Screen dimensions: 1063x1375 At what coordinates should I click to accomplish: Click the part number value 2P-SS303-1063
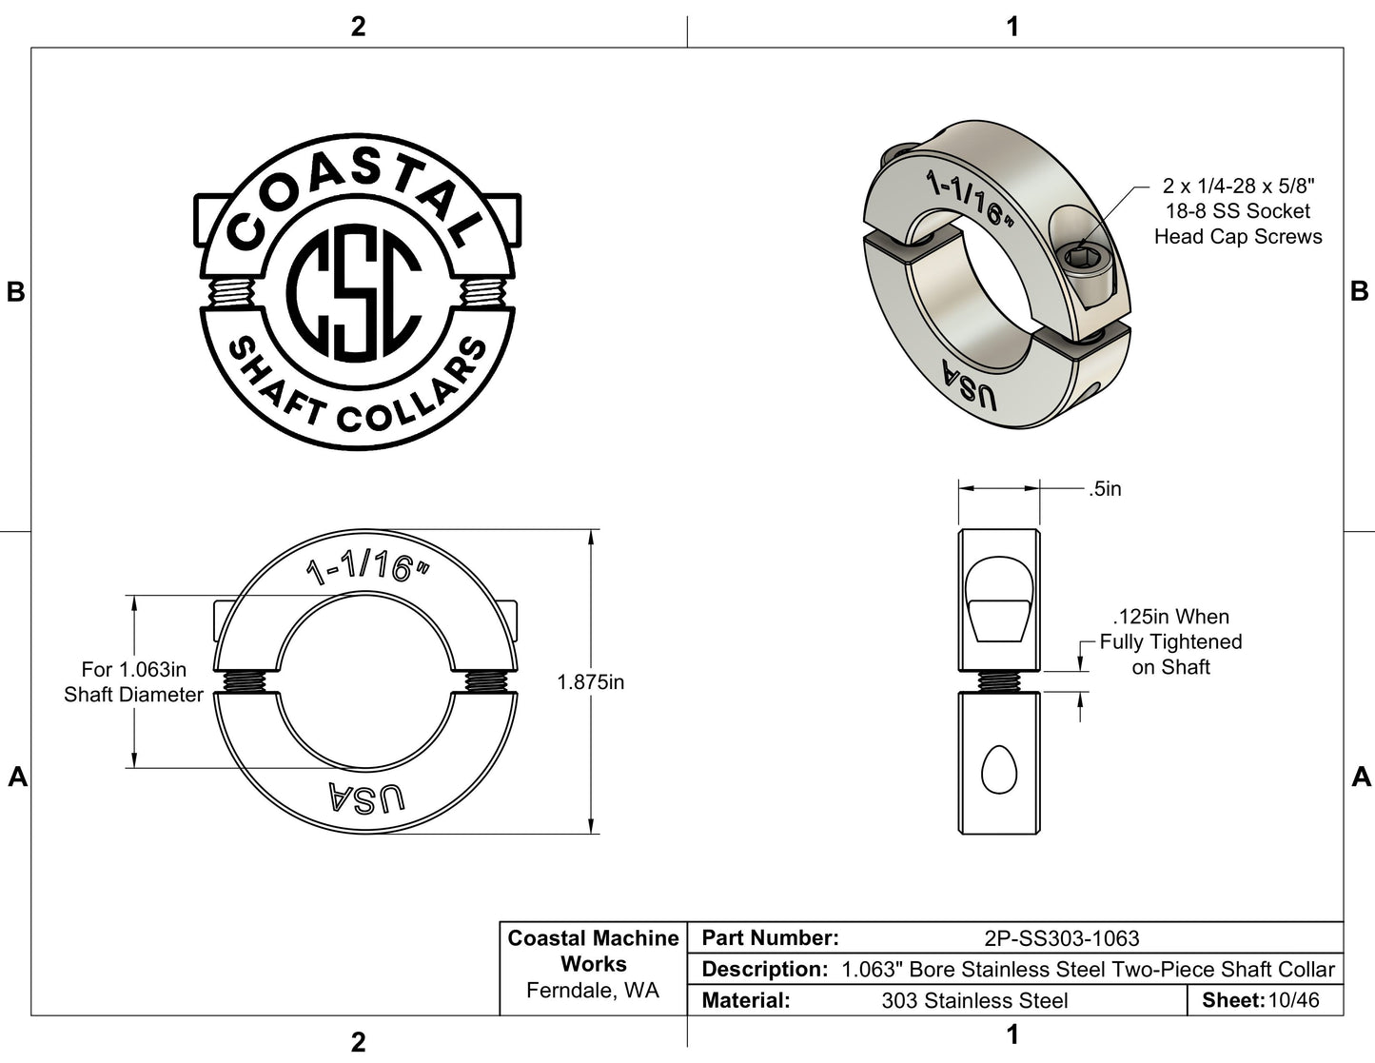pos(1061,938)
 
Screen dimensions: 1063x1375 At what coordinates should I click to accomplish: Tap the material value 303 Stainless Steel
pos(974,1001)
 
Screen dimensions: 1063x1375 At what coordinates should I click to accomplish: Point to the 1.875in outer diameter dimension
pos(590,682)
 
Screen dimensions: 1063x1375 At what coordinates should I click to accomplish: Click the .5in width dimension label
pos(1105,489)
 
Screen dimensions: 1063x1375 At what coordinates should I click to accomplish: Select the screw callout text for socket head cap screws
pos(1237,211)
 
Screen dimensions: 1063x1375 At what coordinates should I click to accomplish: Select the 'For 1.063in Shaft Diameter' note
pos(133,682)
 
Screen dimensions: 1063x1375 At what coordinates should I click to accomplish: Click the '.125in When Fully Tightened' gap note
pos(1170,642)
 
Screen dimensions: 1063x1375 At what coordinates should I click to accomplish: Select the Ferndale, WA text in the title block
pos(592,991)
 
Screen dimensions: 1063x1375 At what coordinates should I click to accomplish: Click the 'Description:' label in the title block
pos(764,970)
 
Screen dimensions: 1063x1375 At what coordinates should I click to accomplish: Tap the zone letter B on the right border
pos(1360,292)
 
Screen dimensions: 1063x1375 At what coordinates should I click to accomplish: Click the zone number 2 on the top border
pos(358,27)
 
